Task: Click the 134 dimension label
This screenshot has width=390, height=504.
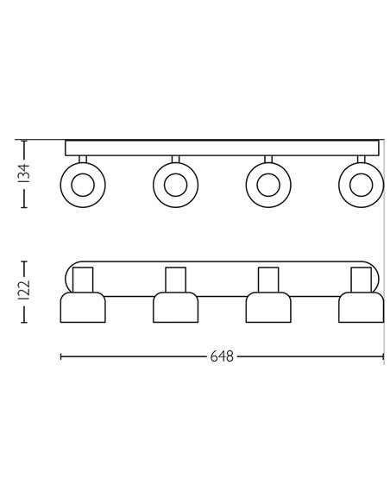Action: click(25, 173)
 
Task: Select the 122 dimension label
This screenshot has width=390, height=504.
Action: click(25, 291)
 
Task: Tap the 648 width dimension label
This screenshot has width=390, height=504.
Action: click(222, 356)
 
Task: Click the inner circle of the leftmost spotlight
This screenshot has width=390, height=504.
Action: click(83, 186)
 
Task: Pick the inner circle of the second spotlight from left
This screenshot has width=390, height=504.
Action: click(175, 186)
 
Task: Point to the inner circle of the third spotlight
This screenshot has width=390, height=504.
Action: click(268, 186)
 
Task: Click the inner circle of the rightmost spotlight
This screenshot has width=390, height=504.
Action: click(361, 186)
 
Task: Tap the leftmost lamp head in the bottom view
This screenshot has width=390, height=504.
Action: click(83, 307)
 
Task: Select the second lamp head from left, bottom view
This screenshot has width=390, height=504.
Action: click(175, 307)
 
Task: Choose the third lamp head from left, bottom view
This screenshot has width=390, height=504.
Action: click(268, 307)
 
